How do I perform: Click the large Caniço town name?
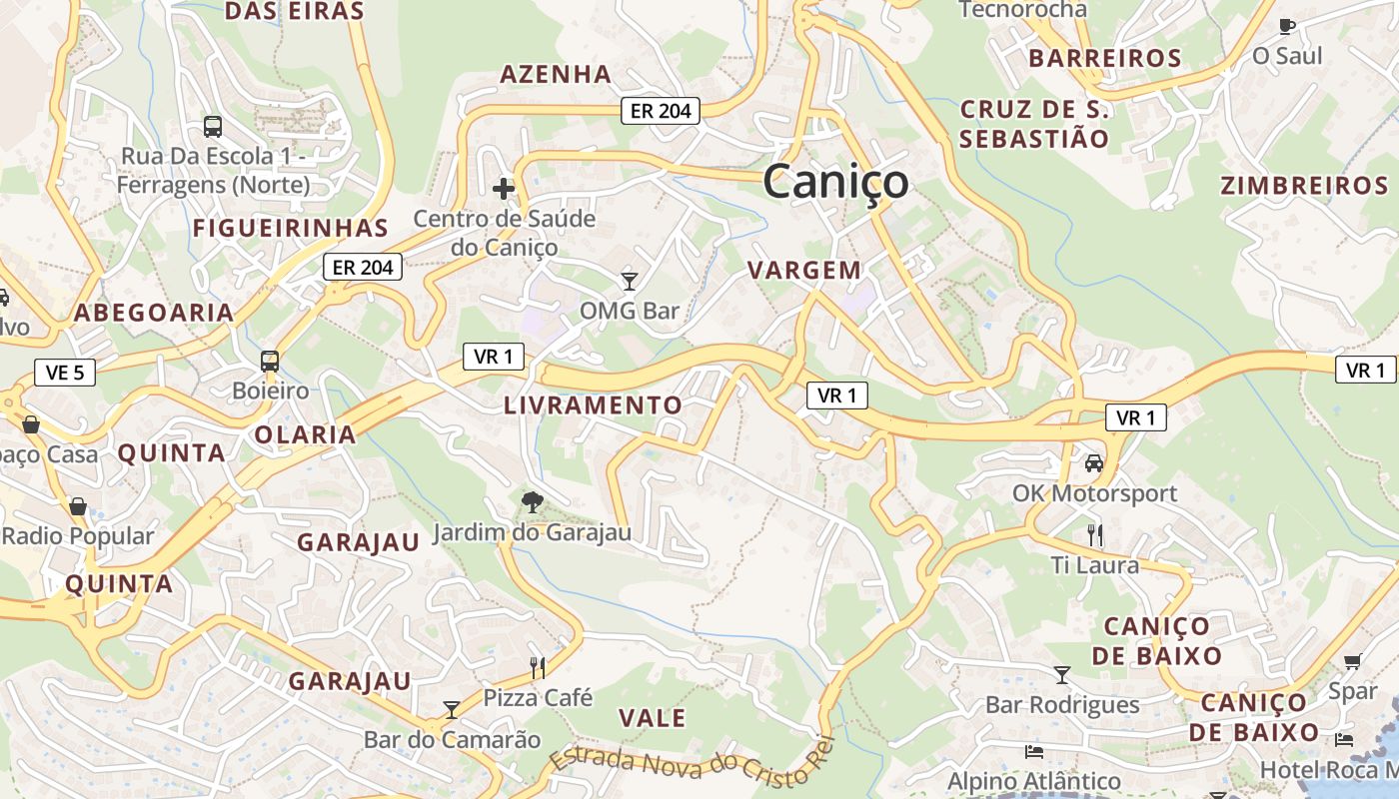(835, 183)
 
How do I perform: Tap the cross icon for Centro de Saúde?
(504, 188)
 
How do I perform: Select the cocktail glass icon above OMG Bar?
(629, 281)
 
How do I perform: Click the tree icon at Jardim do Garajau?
(533, 501)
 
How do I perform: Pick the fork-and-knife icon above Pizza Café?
(538, 667)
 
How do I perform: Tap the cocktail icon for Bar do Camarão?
(452, 709)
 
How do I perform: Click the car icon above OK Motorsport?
(1094, 463)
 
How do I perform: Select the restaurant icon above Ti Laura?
(1095, 535)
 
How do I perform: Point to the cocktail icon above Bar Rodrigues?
(1062, 675)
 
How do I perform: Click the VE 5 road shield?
(65, 373)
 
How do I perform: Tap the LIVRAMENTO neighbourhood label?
(593, 405)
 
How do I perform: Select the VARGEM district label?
(804, 270)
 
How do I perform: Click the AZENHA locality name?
(556, 74)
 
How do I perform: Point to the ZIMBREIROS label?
(1304, 186)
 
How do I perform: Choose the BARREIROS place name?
(1105, 58)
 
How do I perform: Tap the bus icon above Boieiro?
(269, 361)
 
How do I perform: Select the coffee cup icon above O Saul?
(1287, 26)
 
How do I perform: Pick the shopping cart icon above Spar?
(1353, 661)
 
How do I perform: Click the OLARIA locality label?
(305, 434)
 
